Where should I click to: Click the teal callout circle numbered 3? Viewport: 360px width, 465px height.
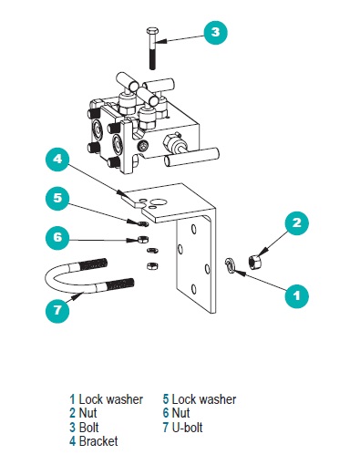pyautogui.click(x=215, y=32)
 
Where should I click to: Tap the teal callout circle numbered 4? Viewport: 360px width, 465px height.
pyautogui.click(x=57, y=159)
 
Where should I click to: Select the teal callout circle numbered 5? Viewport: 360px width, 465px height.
pyautogui.click(x=57, y=198)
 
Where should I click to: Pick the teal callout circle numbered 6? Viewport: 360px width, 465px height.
pyautogui.click(x=57, y=237)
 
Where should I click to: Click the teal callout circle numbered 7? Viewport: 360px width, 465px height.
pyautogui.click(x=57, y=311)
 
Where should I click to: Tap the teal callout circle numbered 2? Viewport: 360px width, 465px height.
pyautogui.click(x=297, y=223)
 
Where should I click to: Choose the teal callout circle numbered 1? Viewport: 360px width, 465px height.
pyautogui.click(x=297, y=295)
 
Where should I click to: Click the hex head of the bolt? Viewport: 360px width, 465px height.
pyautogui.click(x=151, y=31)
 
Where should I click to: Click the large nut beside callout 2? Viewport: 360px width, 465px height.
pyautogui.click(x=254, y=262)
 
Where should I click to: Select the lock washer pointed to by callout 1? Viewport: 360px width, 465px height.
pyautogui.click(x=230, y=264)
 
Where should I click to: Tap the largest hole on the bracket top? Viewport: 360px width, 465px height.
pyautogui.click(x=159, y=201)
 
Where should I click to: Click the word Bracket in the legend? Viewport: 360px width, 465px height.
pyautogui.click(x=98, y=441)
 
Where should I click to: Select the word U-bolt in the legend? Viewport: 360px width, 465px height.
pyautogui.click(x=187, y=428)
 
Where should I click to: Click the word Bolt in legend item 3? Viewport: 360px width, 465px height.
pyautogui.click(x=88, y=428)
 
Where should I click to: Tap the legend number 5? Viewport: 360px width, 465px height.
pyautogui.click(x=166, y=399)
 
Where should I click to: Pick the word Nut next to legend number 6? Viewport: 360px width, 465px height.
pyautogui.click(x=180, y=413)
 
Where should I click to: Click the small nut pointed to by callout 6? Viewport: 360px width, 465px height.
pyautogui.click(x=142, y=239)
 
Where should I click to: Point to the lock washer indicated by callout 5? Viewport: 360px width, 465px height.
pyautogui.click(x=142, y=224)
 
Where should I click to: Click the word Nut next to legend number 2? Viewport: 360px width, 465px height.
pyautogui.click(x=87, y=413)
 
